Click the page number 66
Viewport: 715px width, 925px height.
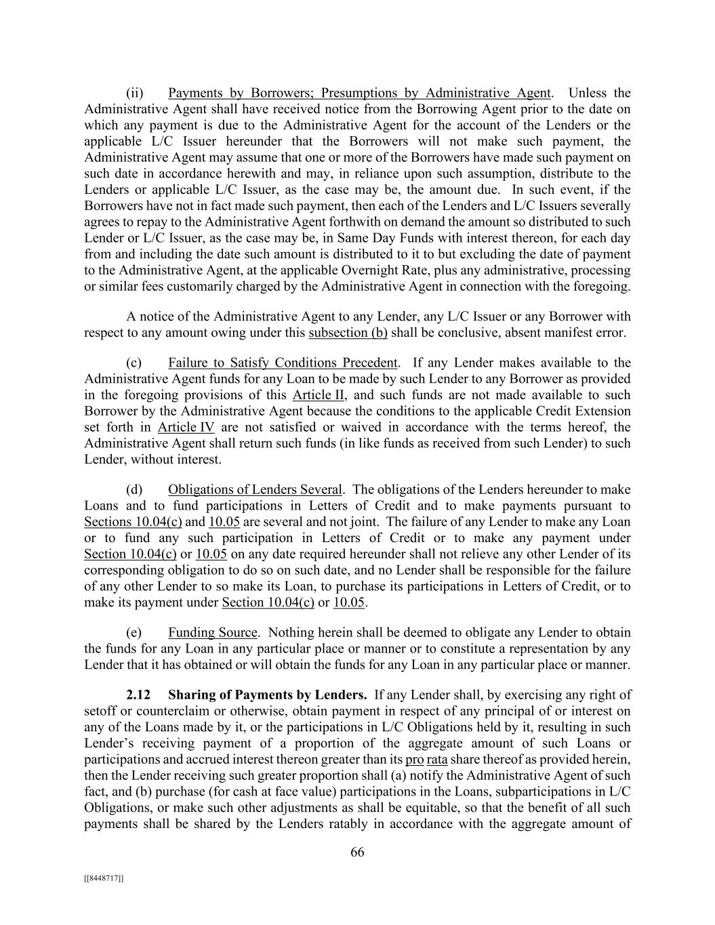click(x=357, y=852)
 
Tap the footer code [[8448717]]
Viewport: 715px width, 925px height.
click(x=104, y=878)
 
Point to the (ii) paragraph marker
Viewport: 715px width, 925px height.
click(x=135, y=93)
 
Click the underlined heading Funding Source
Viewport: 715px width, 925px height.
click(x=213, y=633)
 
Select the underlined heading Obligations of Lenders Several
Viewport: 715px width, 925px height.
click(x=255, y=490)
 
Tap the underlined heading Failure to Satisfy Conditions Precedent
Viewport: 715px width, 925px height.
click(x=283, y=363)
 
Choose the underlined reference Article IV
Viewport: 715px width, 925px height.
click(x=186, y=428)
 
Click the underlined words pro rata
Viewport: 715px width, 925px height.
click(x=426, y=759)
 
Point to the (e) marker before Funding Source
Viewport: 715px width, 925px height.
click(x=134, y=633)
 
